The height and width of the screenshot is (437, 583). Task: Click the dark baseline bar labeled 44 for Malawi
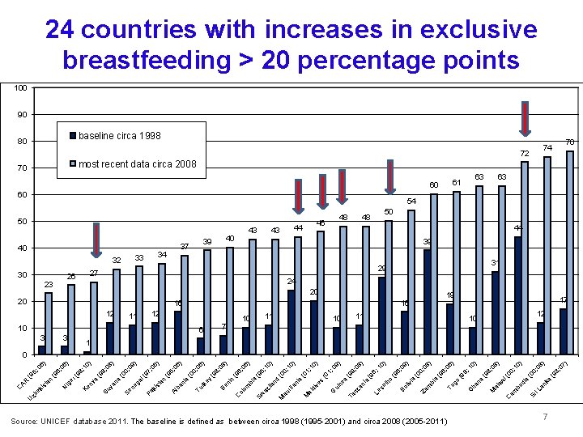[x=517, y=295]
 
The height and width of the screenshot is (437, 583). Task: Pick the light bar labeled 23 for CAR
[x=49, y=324]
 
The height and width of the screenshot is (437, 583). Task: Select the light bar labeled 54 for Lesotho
[x=411, y=282]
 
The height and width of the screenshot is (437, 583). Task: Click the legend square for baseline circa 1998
[x=73, y=135]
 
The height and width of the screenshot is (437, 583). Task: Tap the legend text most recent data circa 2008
[x=138, y=164]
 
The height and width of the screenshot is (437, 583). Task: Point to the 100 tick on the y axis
[x=22, y=87]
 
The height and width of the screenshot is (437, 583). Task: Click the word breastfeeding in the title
[x=155, y=60]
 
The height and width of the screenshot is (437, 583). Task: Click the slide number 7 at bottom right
[x=546, y=416]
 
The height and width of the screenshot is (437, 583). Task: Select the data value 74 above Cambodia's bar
[x=547, y=147]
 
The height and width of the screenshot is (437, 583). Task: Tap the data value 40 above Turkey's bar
[x=231, y=238]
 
